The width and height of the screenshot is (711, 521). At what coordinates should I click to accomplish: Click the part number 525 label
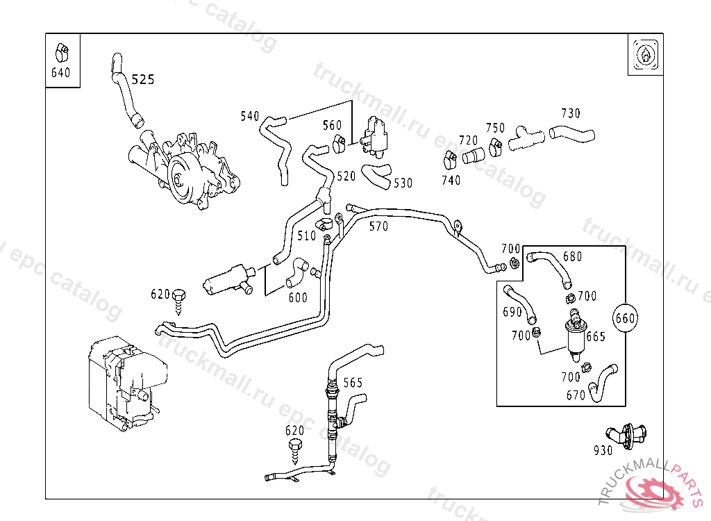coord(143,80)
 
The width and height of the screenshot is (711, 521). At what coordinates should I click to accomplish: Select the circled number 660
coord(625,318)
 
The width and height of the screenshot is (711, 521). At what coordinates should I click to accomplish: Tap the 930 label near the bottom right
coord(603,450)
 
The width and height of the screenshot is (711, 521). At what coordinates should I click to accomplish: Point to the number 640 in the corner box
coord(61,73)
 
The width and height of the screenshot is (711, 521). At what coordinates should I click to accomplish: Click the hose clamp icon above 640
coord(61,52)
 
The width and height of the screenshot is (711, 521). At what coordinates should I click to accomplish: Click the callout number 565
coord(353,383)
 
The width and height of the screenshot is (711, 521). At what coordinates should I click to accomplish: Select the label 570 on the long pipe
coord(378,226)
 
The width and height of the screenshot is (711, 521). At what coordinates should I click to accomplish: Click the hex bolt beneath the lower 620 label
coord(296,451)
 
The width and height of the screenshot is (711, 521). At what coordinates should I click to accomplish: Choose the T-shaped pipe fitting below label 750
coord(526,138)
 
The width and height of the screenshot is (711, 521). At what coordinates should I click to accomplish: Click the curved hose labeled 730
coord(571,133)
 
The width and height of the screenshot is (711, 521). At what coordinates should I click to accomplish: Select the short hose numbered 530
coord(377,176)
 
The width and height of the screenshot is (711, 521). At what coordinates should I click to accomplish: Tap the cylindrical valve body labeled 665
coord(575,336)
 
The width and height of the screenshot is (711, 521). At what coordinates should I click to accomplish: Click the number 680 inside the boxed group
coord(572,257)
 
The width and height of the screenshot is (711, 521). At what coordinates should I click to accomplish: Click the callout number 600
coord(298,298)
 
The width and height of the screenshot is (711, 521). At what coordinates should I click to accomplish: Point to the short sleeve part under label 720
coord(473,156)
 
